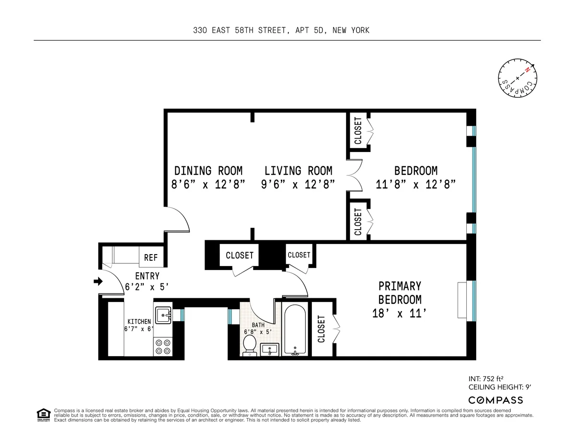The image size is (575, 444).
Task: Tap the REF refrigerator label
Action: pos(151,258)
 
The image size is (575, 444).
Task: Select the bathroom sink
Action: pos(269,350)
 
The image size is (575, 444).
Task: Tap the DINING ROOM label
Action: pos(208,171)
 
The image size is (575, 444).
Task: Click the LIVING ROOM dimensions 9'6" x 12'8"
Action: pos(298,185)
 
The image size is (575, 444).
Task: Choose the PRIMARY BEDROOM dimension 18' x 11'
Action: pos(400,314)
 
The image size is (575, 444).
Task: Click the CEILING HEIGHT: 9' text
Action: pos(495,386)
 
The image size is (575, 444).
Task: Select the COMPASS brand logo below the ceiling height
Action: pos(495,400)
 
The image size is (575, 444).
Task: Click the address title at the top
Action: pos(281,31)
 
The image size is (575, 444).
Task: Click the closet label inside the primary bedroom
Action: pos(321,329)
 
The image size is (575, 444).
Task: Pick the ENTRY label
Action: pos(147,276)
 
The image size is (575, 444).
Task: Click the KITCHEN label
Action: pos(139,321)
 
